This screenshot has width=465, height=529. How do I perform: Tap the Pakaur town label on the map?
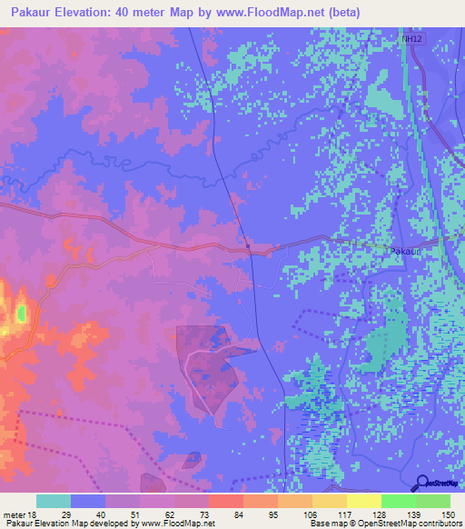click(x=404, y=251)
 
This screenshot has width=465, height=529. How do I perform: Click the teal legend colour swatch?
click(x=54, y=501)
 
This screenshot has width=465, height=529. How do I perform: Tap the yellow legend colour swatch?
click(x=363, y=501)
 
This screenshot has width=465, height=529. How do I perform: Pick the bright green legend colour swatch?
click(x=398, y=501)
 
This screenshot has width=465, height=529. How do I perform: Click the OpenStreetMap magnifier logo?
click(x=423, y=483)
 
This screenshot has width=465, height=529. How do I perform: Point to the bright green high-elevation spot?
click(x=21, y=314)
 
